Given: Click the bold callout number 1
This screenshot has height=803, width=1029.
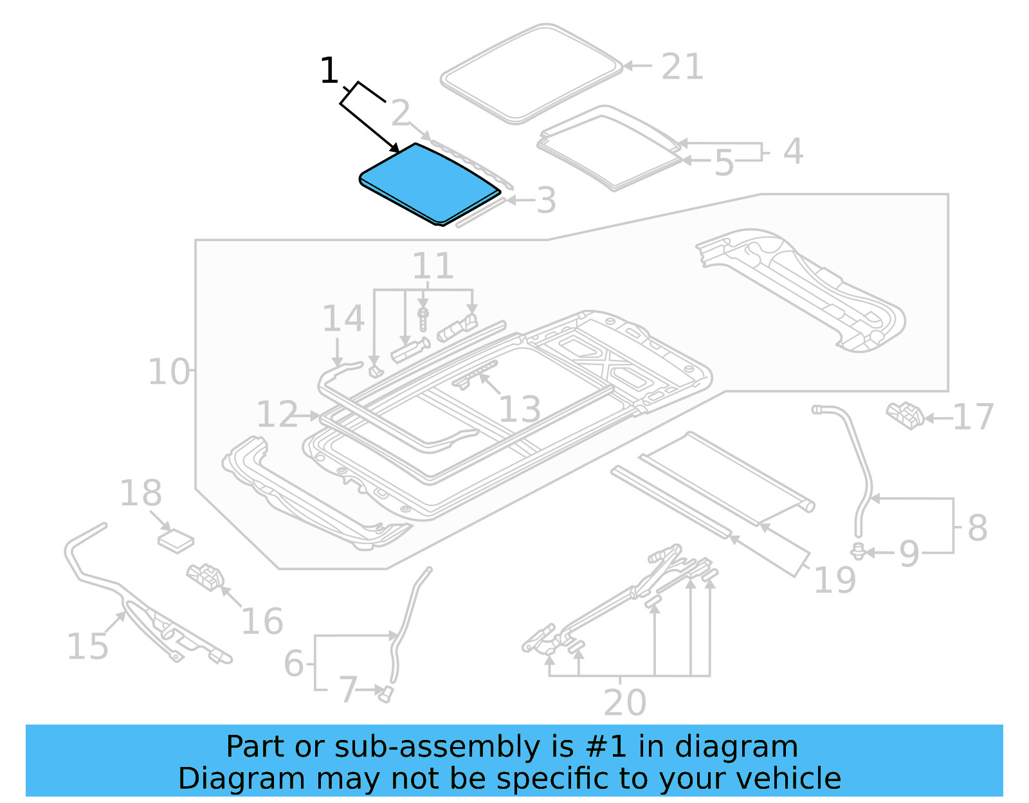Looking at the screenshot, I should (329, 71).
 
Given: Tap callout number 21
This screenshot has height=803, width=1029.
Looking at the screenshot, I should (682, 67).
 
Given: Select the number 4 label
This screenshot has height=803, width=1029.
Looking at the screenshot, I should (793, 152).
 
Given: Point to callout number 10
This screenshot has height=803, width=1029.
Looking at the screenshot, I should (168, 372).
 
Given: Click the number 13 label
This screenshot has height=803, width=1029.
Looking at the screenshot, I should (520, 409).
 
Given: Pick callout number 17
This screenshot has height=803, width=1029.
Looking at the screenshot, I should (973, 417).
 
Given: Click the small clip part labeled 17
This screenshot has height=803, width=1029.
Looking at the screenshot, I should (905, 415).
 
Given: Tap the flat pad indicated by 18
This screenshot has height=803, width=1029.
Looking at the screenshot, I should (176, 541).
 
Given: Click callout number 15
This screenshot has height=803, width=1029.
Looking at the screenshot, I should (87, 646).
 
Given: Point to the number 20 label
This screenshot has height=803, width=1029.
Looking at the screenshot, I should (624, 702).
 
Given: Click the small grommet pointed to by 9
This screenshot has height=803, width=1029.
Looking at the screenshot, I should (857, 551).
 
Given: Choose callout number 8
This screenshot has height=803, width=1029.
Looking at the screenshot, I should (977, 528).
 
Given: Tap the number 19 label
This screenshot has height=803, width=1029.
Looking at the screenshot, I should (834, 580).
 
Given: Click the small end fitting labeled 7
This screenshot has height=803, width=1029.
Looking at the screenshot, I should (386, 694).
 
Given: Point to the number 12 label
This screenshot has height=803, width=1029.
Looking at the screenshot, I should (277, 414).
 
